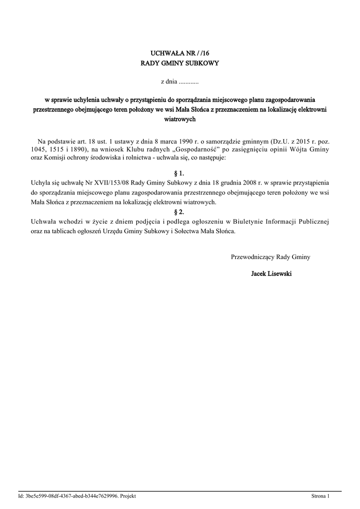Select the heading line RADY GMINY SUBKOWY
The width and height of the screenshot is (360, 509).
click(180, 64)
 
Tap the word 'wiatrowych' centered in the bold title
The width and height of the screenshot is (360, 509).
click(180, 119)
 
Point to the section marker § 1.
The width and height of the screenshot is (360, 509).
click(180, 173)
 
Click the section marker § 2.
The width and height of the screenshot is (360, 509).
click(180, 212)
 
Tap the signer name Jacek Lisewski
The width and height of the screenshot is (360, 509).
click(271, 274)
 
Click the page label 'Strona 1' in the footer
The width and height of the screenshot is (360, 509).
click(320, 496)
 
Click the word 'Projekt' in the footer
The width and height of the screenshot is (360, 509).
click(128, 496)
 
